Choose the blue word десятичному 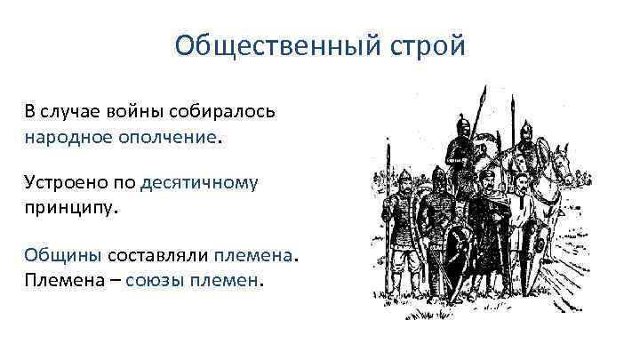pyautogui.click(x=200, y=183)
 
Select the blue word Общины pyautogui.click(x=62, y=255)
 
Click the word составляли pyautogui.click(x=157, y=255)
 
